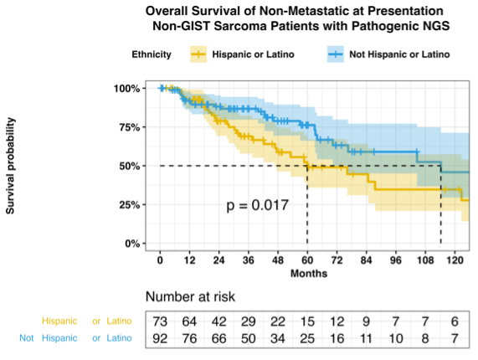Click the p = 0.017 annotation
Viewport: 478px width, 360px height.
tap(258, 205)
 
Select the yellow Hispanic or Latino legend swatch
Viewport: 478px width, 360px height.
tap(198, 54)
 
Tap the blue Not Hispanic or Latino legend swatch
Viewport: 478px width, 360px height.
tap(336, 54)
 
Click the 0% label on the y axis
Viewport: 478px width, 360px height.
tap(132, 244)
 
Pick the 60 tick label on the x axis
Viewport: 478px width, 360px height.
tap(307, 260)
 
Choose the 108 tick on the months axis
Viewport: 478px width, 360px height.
tap(425, 260)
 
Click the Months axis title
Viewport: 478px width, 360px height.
tap(309, 274)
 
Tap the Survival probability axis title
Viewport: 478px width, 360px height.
tap(10, 166)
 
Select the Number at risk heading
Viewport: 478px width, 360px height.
tap(190, 296)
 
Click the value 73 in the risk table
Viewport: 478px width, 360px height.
tap(160, 321)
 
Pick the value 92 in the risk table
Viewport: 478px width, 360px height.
tap(160, 339)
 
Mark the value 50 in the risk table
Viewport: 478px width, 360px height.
tap(249, 339)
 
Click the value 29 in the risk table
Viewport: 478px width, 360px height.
tap(249, 321)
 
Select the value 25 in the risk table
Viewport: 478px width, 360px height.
tap(307, 339)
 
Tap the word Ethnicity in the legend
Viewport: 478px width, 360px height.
tap(152, 54)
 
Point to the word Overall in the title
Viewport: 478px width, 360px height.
tap(167, 11)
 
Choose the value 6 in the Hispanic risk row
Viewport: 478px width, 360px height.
tap(455, 321)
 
